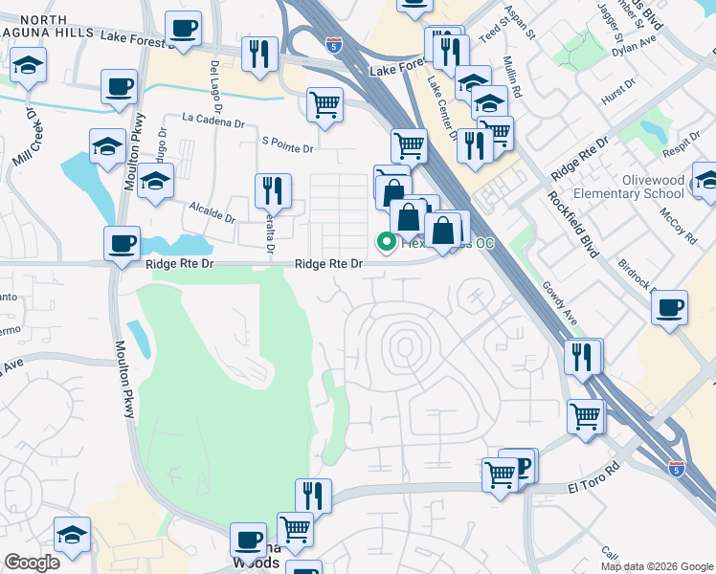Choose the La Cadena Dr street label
(x=213, y=120)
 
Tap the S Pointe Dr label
(x=287, y=148)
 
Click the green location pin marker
(x=387, y=243)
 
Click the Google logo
(x=33, y=563)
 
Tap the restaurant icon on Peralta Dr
(x=273, y=191)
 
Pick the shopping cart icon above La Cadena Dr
(x=325, y=103)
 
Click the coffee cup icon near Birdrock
(x=669, y=307)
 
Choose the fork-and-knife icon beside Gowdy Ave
(x=582, y=357)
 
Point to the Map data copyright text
(x=657, y=566)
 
